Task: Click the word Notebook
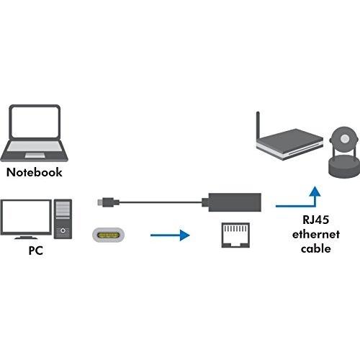tap(35, 172)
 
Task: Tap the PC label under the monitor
tap(36, 251)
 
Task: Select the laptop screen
tap(35, 122)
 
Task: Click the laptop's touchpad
tap(35, 156)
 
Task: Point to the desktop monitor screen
tap(26, 217)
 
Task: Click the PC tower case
tap(63, 219)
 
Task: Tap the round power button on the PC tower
tap(63, 230)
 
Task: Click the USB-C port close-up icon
tap(109, 235)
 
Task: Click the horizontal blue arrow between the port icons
tap(170, 235)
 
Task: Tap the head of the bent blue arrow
tap(315, 191)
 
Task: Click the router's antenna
tap(258, 126)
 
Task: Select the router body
tap(290, 144)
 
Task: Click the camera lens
tap(345, 138)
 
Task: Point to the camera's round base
tap(344, 166)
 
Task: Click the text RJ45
tap(315, 220)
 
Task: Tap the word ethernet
tap(316, 234)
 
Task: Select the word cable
tap(316, 248)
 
